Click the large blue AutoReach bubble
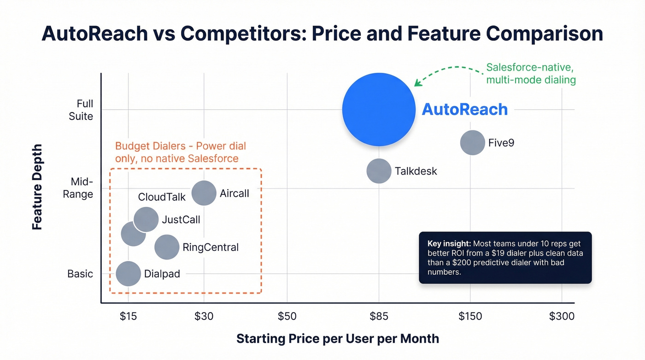pyautogui.click(x=379, y=109)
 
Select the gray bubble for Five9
pyautogui.click(x=472, y=142)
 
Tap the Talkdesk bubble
pyautogui.click(x=379, y=171)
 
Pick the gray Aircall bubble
pyautogui.click(x=204, y=193)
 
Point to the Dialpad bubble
pyautogui.click(x=128, y=274)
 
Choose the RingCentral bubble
pyautogui.click(x=167, y=247)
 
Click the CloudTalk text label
pyautogui.click(x=162, y=197)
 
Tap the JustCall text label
pyautogui.click(x=181, y=219)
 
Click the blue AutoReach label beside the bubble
pyautogui.click(x=465, y=110)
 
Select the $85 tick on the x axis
pyautogui.click(x=379, y=316)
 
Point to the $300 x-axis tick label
pyautogui.click(x=562, y=316)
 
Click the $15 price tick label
pyautogui.click(x=128, y=316)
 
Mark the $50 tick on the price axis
pyautogui.click(x=287, y=316)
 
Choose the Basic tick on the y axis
pyautogui.click(x=80, y=274)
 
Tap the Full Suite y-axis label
pyautogui.click(x=81, y=110)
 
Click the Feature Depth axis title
pyautogui.click(x=37, y=187)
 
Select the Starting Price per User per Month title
pyautogui.click(x=337, y=339)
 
